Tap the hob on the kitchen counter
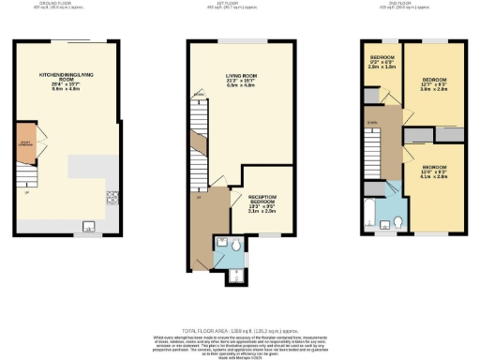coord(112,197)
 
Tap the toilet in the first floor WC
coord(238,247)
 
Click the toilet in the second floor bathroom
coord(398,222)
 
